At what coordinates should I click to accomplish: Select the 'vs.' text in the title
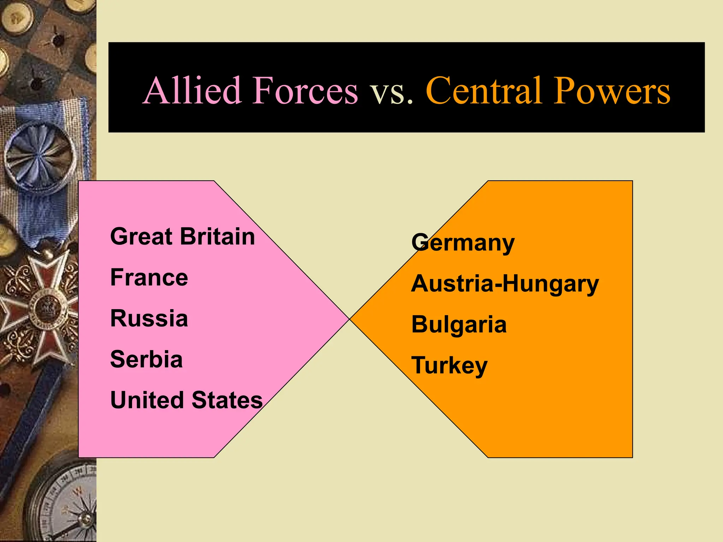(391, 92)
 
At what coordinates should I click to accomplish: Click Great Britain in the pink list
(182, 236)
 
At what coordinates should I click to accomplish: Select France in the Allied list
(149, 277)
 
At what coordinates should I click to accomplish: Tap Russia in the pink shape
(149, 318)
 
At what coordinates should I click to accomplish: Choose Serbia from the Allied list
(146, 359)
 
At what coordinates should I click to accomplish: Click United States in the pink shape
(186, 400)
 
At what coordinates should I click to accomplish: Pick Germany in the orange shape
(463, 243)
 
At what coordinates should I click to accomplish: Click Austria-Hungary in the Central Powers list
(505, 284)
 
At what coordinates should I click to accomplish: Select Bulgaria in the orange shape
(459, 325)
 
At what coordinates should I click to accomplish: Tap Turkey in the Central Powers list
(449, 366)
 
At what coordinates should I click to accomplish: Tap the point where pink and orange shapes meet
(349, 319)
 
